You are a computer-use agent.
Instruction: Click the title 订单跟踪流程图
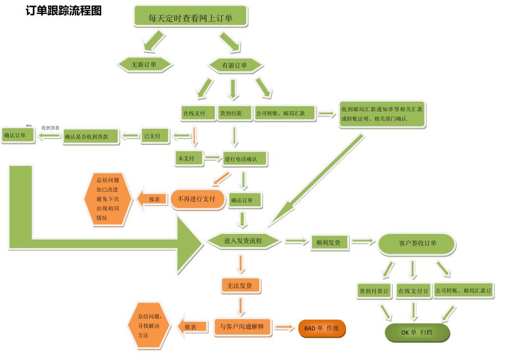click(x=64, y=11)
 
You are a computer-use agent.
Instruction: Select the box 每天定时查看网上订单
click(x=190, y=17)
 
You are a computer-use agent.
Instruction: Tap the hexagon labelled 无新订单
click(x=144, y=65)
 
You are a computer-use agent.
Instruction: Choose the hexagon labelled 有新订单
click(x=235, y=65)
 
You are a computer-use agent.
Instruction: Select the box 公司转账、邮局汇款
click(x=284, y=113)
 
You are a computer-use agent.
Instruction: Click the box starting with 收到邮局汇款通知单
click(x=382, y=114)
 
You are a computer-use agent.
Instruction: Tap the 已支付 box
click(x=154, y=135)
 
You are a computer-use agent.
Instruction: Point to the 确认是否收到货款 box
click(x=91, y=136)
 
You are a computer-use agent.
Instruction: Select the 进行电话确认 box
click(x=246, y=159)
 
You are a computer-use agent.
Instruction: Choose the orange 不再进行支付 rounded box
click(x=197, y=199)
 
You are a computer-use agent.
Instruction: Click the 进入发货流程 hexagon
click(x=243, y=241)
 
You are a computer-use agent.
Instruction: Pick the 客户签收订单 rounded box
click(x=417, y=243)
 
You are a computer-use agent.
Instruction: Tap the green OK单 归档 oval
click(x=417, y=332)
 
